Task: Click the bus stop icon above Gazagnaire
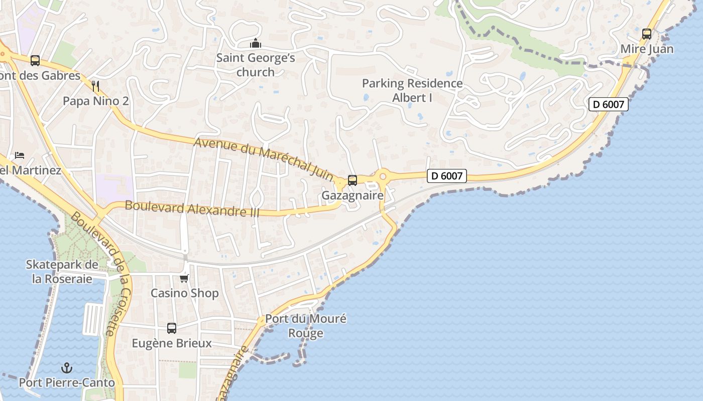click(353, 180)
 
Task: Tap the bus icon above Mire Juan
click(647, 34)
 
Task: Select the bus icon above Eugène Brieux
click(172, 328)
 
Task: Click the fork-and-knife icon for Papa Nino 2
click(96, 86)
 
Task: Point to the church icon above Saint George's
click(256, 43)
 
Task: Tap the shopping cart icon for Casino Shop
click(184, 278)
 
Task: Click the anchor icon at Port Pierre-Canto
click(67, 368)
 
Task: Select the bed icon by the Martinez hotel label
click(20, 155)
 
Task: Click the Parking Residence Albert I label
click(412, 90)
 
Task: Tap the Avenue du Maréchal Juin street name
click(264, 158)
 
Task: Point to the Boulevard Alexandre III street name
click(192, 209)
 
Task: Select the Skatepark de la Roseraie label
click(62, 271)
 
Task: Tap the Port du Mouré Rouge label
click(306, 326)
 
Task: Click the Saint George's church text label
click(256, 65)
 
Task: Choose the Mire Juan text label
click(647, 49)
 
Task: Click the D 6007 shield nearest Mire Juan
click(609, 104)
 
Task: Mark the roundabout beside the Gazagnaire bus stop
click(383, 176)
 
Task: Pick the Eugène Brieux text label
click(172, 343)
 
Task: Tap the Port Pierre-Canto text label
click(67, 383)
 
